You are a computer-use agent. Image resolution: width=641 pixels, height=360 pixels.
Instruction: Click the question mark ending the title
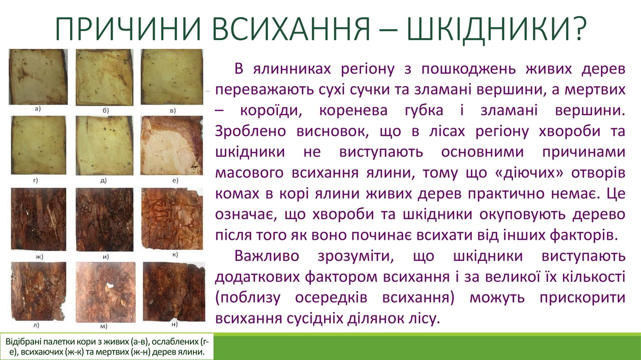click(578, 29)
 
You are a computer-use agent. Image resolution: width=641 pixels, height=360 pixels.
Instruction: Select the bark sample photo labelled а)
click(39, 77)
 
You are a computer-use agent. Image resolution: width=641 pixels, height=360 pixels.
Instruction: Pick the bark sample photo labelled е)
click(172, 145)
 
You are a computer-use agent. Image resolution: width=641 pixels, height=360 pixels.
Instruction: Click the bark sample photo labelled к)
click(172, 219)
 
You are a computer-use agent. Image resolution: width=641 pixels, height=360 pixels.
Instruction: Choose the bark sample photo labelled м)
click(106, 292)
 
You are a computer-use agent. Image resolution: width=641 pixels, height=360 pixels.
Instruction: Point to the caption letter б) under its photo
click(106, 111)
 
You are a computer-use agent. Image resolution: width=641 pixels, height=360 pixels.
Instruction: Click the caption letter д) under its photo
click(104, 180)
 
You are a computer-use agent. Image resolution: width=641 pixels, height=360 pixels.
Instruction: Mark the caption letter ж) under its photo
click(40, 257)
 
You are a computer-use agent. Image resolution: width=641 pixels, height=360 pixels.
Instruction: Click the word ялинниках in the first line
click(292, 69)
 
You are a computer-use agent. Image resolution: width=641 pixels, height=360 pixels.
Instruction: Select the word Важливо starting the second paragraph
click(267, 256)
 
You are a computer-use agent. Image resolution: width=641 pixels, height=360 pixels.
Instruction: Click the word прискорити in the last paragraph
click(582, 297)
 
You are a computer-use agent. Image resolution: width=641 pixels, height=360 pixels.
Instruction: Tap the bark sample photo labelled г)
click(39, 145)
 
